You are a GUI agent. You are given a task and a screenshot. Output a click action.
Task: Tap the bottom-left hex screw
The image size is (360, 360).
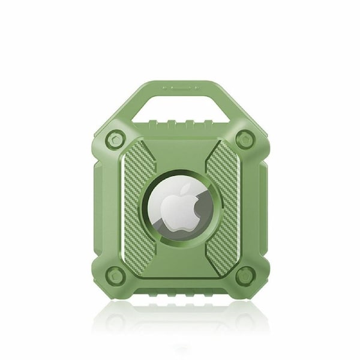pyautogui.click(x=117, y=277)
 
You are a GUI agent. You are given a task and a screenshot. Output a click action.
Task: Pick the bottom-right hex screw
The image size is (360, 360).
pyautogui.click(x=244, y=277)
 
